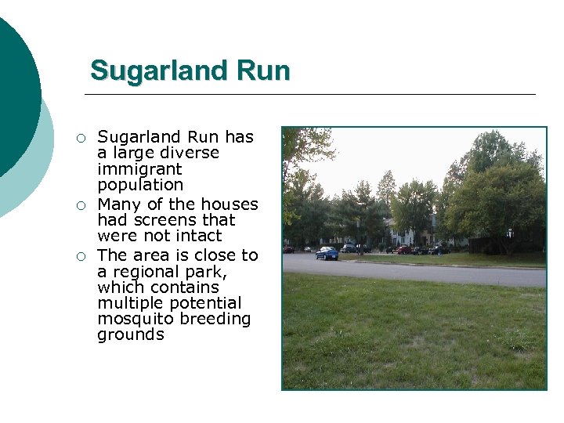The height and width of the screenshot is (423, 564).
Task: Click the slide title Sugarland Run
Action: (190, 70)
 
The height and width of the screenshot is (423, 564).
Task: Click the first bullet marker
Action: (79, 139)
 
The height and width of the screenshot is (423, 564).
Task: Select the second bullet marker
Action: (79, 205)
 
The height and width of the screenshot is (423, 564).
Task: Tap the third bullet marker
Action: (79, 256)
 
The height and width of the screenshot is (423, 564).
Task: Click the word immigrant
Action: (139, 169)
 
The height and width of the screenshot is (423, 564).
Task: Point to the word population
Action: (140, 186)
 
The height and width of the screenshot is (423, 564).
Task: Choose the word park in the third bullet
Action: (208, 272)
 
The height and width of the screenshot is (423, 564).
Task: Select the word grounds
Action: (131, 335)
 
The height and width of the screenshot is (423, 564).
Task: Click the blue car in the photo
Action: (327, 253)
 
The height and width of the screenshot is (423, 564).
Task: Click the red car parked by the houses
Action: (403, 249)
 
